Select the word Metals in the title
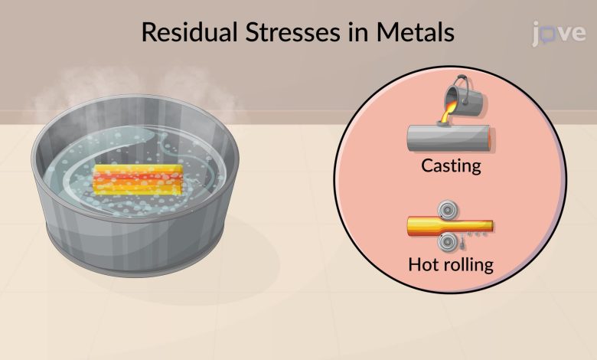coord(419,33)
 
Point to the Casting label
coord(451,165)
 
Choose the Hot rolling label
coord(451,266)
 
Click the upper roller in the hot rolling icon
coord(445,210)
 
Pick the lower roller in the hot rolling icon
coord(445,243)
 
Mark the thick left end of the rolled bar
coord(419,226)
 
